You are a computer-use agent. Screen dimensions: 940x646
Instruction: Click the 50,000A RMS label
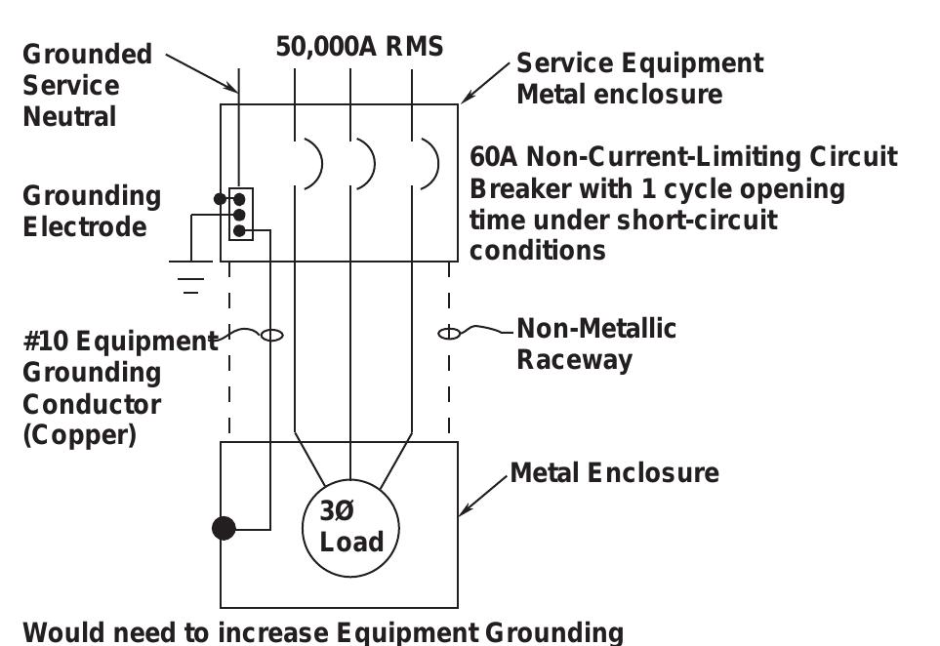[359, 47]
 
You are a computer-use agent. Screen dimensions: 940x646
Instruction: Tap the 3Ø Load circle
[350, 479]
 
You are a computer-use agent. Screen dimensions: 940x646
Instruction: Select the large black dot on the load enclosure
[224, 529]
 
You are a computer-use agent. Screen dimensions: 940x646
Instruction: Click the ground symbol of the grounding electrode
[190, 277]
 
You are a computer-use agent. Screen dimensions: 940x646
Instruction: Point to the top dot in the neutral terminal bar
[239, 199]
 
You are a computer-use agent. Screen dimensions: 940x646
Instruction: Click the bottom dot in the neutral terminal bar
[239, 230]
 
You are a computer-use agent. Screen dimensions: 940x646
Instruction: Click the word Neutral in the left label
[69, 117]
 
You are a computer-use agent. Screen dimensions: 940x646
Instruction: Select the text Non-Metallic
[596, 329]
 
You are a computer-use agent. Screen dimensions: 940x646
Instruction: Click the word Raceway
[574, 360]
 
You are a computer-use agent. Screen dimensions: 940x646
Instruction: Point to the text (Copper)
[80, 435]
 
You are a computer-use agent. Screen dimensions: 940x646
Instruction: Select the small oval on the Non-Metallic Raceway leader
[449, 333]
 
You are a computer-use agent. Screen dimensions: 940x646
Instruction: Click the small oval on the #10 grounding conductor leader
[272, 335]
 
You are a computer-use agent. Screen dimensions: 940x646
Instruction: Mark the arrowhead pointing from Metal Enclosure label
[466, 509]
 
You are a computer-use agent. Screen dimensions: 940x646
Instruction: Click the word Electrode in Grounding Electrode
[85, 227]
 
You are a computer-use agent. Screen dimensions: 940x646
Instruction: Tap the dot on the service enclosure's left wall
[220, 199]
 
